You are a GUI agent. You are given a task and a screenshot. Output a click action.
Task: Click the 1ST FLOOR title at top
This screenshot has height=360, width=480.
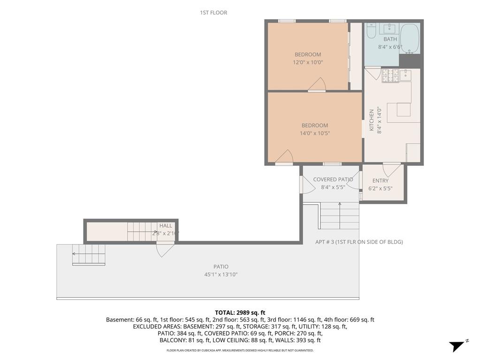tap(213, 13)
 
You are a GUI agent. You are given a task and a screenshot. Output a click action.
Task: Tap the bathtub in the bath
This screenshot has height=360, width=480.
tap(409, 38)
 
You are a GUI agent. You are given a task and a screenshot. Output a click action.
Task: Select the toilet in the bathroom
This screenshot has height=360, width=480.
tap(371, 31)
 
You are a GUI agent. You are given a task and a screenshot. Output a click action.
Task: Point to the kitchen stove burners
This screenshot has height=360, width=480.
tap(390, 75)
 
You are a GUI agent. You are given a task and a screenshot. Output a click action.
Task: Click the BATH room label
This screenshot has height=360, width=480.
tap(390, 39)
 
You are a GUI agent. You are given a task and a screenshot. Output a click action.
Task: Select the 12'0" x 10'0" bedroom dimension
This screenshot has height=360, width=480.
tap(308, 62)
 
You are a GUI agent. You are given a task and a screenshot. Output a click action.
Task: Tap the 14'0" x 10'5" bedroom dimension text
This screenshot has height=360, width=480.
tap(314, 133)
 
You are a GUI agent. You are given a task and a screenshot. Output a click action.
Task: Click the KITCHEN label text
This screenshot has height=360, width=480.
tap(372, 120)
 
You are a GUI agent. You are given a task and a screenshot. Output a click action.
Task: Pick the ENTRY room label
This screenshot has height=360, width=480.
tap(380, 181)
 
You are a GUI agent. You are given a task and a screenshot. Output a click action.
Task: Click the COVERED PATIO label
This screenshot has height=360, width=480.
tap(333, 179)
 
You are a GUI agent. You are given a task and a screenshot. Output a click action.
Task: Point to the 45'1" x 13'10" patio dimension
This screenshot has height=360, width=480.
tap(221, 275)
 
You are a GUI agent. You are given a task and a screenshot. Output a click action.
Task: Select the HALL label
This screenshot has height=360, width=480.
tap(166, 226)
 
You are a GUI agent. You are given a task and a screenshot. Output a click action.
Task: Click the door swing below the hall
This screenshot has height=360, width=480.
tap(164, 249)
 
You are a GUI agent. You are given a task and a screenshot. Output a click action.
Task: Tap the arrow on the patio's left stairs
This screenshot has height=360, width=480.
tap(75, 254)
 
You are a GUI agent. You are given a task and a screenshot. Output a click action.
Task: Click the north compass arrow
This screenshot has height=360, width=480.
tap(457, 346)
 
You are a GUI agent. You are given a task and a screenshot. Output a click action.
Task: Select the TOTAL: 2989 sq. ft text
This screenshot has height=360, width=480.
tap(240, 313)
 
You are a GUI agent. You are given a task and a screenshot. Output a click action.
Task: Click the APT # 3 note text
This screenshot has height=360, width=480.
tap(359, 242)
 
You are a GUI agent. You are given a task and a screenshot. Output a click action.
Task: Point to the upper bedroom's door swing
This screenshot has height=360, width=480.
tap(318, 84)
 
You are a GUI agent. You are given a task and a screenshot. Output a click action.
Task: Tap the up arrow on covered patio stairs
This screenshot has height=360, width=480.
tap(340, 205)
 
